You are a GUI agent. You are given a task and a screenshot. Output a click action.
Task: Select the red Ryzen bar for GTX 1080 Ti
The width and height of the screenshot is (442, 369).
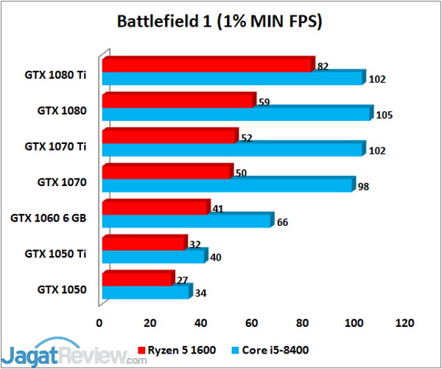coord(208,65)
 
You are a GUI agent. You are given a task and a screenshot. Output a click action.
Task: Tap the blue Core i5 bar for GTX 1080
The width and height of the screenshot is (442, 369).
coord(236,114)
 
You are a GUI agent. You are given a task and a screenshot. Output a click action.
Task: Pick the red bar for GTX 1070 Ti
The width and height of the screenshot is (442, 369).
coord(169,137)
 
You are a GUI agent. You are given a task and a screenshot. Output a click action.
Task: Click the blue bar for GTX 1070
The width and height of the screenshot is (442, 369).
coord(228,185)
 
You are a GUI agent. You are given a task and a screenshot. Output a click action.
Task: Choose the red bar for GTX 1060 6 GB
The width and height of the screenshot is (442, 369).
coord(155,209)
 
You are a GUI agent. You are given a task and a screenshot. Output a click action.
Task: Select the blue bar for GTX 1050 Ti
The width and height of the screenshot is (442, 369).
coord(154,257)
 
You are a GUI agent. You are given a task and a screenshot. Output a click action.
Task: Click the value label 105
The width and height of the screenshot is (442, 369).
coord(384,114)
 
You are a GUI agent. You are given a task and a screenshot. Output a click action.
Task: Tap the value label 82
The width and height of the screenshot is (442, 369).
coord(323,66)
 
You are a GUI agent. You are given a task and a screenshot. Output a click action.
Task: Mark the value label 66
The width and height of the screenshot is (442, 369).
coord(282,221)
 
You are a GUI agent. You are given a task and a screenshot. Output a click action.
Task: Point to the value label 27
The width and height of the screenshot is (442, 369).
coord(181,281)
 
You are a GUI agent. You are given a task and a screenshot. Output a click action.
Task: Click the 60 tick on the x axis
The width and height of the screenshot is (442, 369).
coord(253,323)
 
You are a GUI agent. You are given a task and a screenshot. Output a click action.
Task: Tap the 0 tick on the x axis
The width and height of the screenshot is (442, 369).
coord(99,323)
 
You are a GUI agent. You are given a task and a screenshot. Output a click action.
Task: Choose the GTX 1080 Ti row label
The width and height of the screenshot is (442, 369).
coord(56,74)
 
